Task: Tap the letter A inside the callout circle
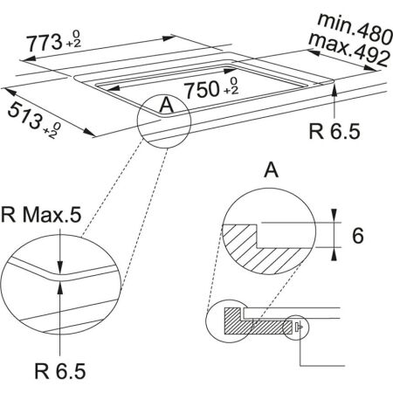click(167, 106)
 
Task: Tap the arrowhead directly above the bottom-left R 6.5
click(59, 284)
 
